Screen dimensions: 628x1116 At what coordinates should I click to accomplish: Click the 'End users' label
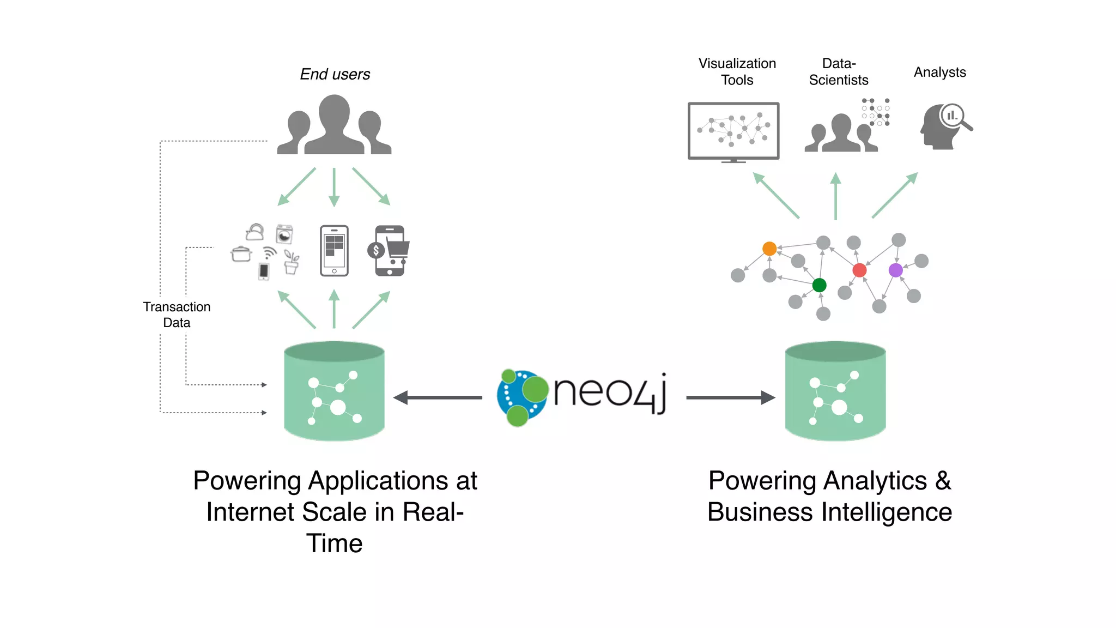[x=335, y=74]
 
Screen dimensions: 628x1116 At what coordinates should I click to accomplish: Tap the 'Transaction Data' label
[x=177, y=315]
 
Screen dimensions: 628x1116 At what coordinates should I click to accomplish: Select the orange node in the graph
[x=769, y=249]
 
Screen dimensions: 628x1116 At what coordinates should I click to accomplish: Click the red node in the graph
[x=859, y=270]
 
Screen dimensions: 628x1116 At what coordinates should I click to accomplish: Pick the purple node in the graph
[x=895, y=270]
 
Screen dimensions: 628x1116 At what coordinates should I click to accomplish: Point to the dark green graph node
[x=819, y=285]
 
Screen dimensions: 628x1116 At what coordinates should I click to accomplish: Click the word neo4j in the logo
[x=609, y=392]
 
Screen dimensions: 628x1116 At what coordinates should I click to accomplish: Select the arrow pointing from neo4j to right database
[x=730, y=397]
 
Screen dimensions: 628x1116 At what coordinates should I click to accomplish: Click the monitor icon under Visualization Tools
[x=733, y=131]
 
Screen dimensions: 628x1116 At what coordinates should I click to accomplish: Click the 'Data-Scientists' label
[x=839, y=72]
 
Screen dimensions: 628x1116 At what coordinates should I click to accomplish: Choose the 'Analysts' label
[x=939, y=72]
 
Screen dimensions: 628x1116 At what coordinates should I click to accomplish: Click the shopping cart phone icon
[x=390, y=251]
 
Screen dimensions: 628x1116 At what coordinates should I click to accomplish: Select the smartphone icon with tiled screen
[x=334, y=251]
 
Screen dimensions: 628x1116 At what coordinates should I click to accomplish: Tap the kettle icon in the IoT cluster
[x=254, y=232]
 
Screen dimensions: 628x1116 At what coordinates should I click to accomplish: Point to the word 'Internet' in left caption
[x=250, y=512]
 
